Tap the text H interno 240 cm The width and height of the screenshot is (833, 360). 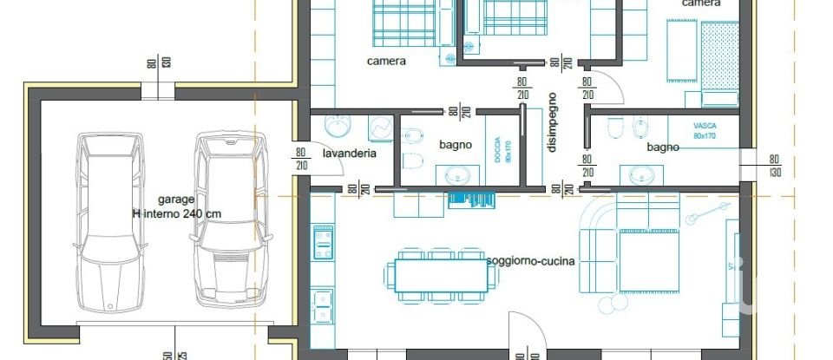(176, 213)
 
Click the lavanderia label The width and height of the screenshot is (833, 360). (349, 154)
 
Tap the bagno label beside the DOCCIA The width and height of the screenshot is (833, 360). (456, 145)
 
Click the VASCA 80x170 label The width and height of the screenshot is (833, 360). (705, 131)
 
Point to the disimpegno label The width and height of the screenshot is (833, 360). (552, 122)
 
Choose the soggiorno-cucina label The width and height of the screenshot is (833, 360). (531, 261)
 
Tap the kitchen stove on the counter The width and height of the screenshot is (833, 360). (323, 246)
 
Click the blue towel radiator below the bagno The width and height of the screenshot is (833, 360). (470, 199)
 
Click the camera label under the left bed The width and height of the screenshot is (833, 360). (386, 62)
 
